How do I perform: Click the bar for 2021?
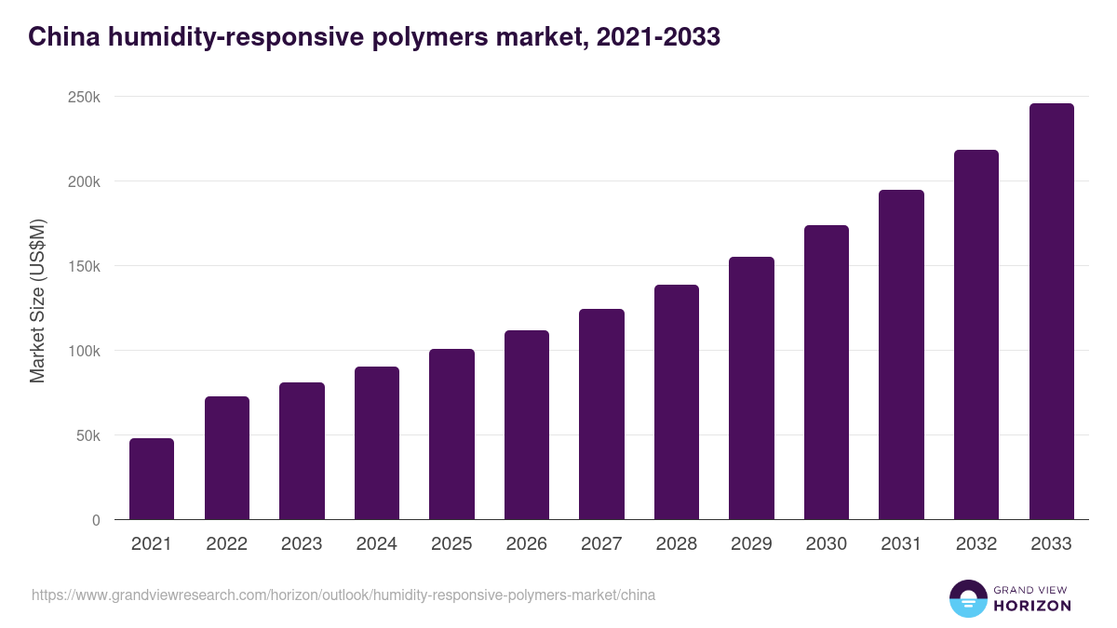tap(152, 478)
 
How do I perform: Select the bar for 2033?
tap(1051, 311)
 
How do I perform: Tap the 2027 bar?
tap(601, 414)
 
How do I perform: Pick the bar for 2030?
tap(827, 372)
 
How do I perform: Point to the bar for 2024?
tap(377, 443)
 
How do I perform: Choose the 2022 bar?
tap(227, 458)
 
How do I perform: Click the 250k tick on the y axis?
tap(83, 97)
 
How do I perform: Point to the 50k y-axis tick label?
tap(87, 435)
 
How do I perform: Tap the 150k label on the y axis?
tap(83, 266)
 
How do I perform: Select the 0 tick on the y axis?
tap(96, 520)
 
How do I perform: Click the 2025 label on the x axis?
tap(451, 544)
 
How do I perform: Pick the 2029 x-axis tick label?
tap(751, 544)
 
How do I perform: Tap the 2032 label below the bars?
tap(976, 544)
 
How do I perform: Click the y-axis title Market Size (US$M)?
tap(38, 301)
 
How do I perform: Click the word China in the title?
tap(63, 37)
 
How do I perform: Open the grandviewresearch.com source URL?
tap(343, 595)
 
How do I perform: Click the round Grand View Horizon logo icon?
tap(967, 598)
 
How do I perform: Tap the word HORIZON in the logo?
tap(1032, 606)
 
